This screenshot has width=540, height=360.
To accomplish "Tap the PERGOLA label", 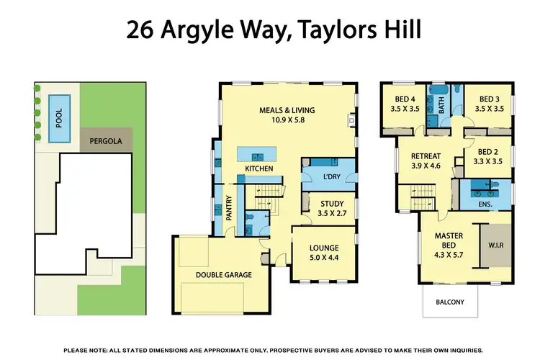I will tap(105, 141).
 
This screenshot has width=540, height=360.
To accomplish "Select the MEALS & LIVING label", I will tap(287, 110).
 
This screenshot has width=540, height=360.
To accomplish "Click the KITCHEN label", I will tap(260, 168).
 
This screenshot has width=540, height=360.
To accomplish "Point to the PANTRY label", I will tap(230, 209).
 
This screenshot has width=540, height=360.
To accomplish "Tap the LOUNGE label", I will tap(324, 248).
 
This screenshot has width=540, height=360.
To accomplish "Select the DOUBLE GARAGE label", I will tap(224, 274).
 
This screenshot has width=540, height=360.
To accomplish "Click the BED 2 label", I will tap(488, 151).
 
